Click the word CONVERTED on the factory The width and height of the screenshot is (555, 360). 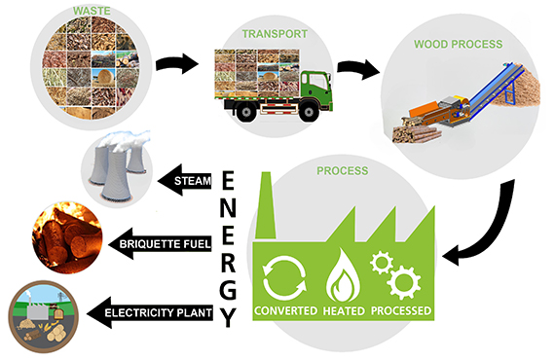[285, 311]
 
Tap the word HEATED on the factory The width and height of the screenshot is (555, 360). [345, 311]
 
